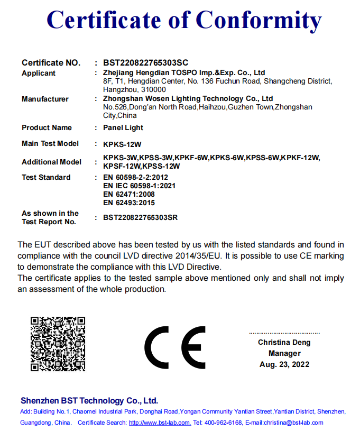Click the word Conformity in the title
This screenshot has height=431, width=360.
click(259, 21)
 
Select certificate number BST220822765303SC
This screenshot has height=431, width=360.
click(146, 63)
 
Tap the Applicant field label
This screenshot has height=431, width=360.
click(39, 74)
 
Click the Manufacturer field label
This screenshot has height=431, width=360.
click(45, 99)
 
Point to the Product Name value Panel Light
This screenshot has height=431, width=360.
click(123, 127)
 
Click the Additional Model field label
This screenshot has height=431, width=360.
click(51, 162)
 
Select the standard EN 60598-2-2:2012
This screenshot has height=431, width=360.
click(135, 178)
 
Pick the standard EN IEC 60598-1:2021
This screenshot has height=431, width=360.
click(140, 186)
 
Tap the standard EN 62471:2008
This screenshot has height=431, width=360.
click(129, 194)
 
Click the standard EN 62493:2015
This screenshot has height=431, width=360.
click(129, 203)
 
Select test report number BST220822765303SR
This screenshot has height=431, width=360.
click(146, 217)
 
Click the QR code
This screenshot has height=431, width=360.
click(58, 344)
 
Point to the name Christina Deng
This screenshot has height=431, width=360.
click(284, 343)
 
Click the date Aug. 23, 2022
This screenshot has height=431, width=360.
click(284, 364)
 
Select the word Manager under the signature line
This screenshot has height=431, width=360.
click(284, 353)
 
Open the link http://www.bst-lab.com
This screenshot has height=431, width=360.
click(160, 423)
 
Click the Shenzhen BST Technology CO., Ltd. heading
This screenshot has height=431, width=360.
click(89, 400)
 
